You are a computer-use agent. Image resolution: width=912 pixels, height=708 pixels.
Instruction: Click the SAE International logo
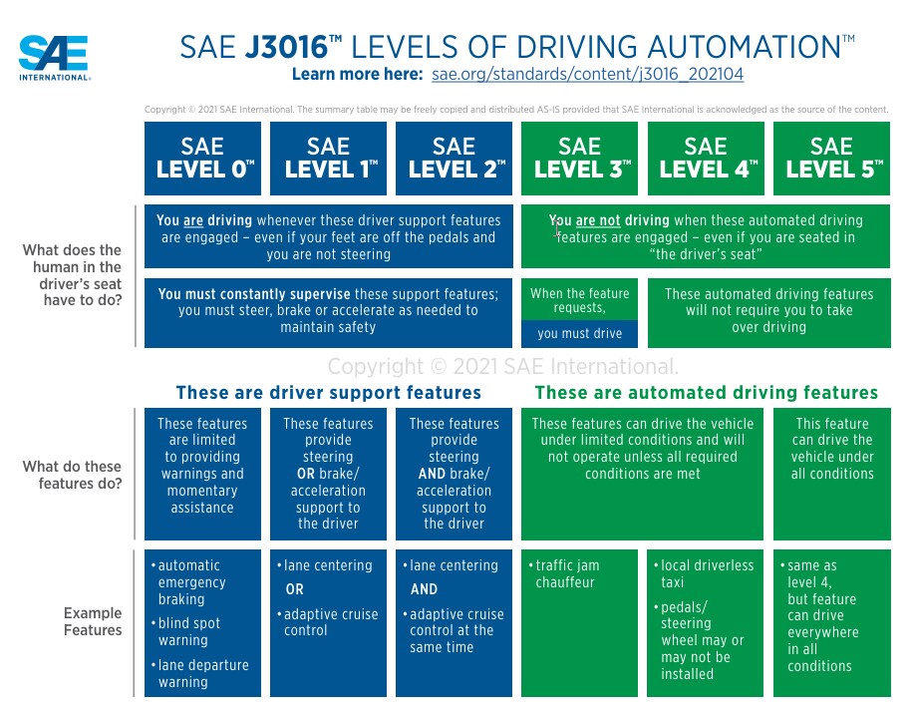tap(54, 58)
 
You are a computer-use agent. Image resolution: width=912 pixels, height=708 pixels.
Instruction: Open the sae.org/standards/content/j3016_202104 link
tap(587, 75)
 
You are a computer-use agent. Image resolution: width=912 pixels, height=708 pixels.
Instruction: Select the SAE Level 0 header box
tap(202, 159)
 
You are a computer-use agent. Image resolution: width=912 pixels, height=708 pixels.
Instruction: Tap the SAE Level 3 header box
tap(579, 159)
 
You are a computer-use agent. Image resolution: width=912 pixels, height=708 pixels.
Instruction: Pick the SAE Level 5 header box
tap(831, 159)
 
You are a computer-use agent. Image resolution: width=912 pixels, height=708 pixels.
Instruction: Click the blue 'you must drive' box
tap(579, 334)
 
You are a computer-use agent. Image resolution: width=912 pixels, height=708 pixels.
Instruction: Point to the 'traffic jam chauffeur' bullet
tap(563, 573)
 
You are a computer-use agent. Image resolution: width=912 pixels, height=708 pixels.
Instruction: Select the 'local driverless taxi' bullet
tap(704, 573)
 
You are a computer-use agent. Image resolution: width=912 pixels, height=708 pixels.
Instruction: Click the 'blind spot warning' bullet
tap(186, 632)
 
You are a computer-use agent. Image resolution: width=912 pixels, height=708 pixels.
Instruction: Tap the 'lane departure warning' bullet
tap(200, 674)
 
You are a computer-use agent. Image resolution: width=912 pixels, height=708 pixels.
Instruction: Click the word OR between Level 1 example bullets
tap(294, 589)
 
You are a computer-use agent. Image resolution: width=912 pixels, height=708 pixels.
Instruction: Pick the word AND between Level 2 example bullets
tap(424, 589)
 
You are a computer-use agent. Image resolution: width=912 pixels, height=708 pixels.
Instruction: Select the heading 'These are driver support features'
tap(329, 393)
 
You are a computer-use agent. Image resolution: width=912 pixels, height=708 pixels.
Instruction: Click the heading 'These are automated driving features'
tap(706, 393)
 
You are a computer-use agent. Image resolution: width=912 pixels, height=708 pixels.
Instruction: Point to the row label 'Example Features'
tap(93, 621)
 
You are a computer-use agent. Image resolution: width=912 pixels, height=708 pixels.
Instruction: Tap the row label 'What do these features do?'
tap(72, 475)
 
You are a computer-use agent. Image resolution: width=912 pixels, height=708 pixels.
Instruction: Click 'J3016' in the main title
tap(287, 47)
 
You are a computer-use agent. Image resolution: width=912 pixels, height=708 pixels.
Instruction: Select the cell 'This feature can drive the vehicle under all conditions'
tap(831, 449)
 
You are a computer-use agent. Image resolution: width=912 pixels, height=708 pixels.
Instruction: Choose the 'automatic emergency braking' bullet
tap(185, 581)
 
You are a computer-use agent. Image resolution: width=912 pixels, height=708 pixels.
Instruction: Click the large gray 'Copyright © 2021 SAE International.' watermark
tap(503, 367)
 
